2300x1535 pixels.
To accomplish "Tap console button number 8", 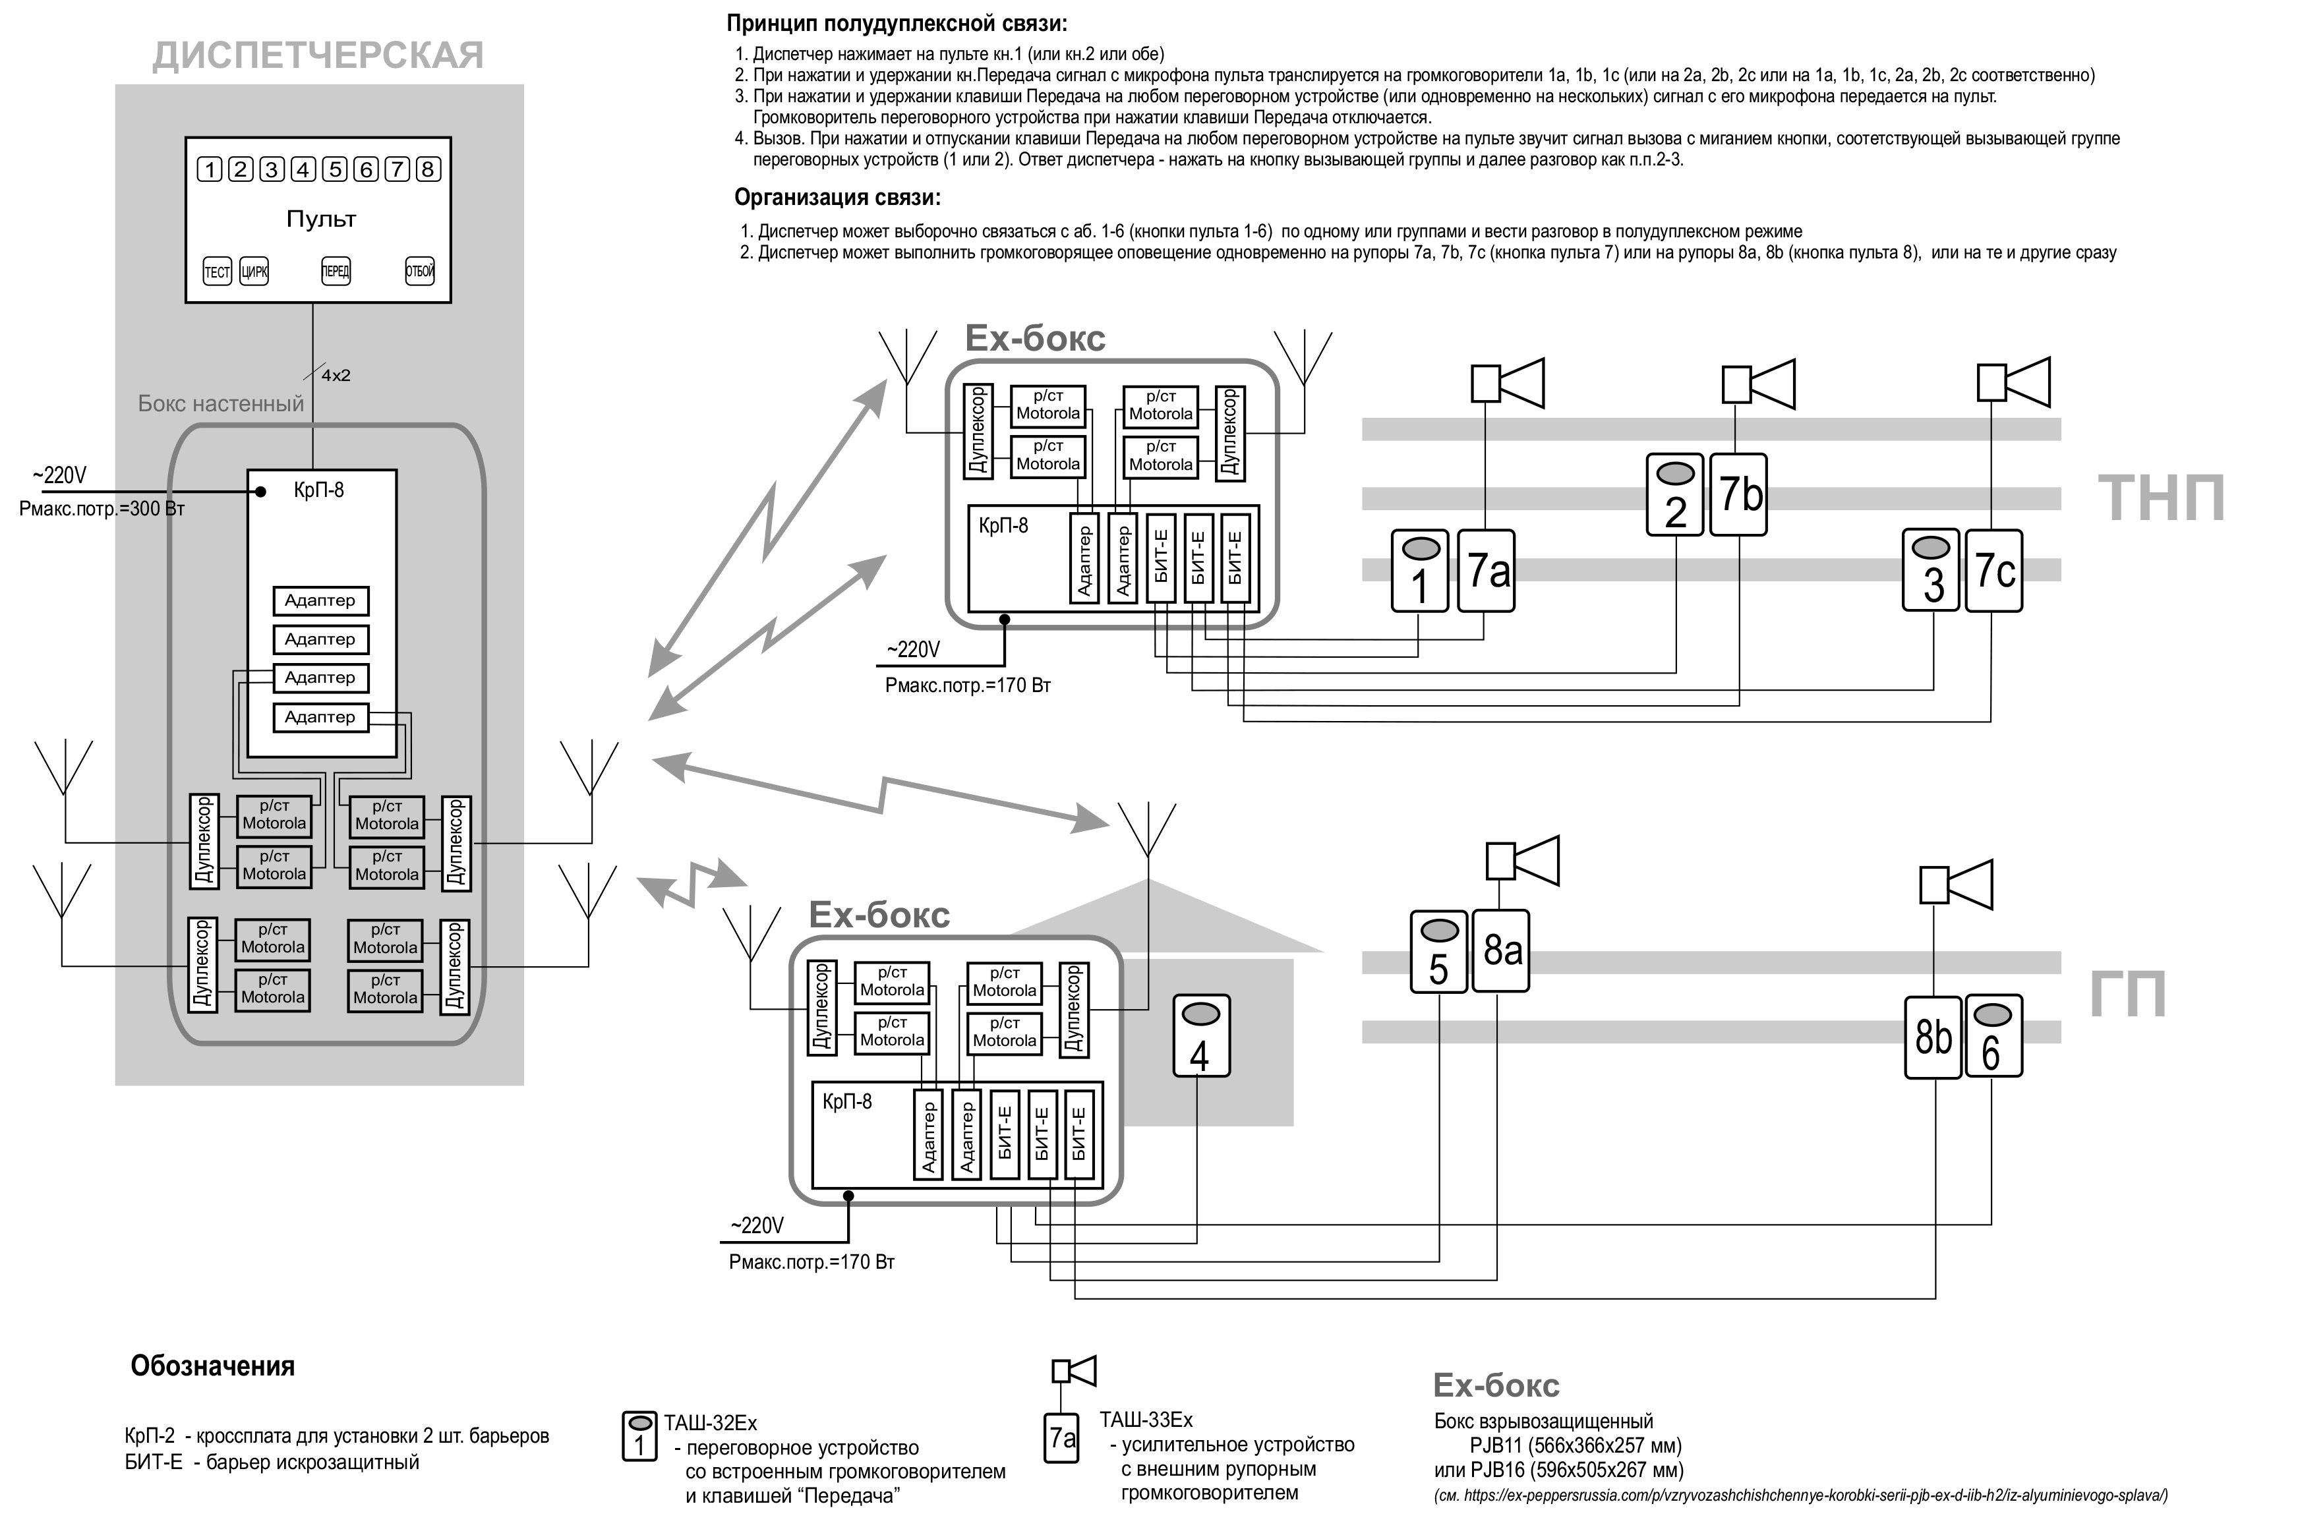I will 427,169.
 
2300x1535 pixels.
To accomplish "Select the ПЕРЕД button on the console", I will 336,271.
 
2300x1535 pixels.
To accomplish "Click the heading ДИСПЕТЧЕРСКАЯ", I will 318,56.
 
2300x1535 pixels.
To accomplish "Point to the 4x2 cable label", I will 336,375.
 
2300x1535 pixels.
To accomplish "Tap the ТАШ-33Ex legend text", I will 1146,1420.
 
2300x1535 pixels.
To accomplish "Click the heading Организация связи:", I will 837,198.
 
